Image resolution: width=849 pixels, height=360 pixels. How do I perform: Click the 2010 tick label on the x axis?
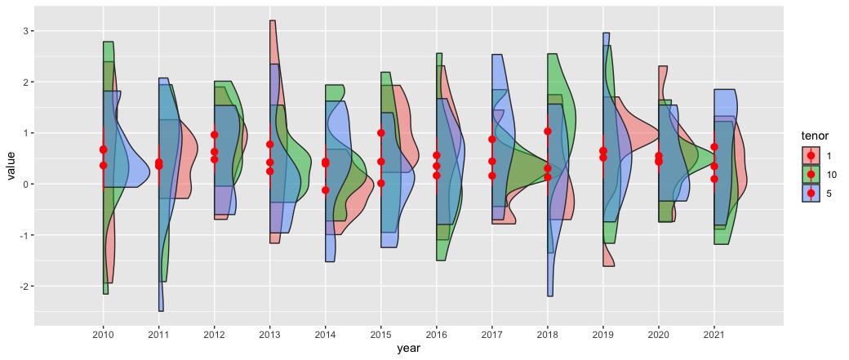pos(103,335)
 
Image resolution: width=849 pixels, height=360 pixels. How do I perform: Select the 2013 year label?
pos(269,335)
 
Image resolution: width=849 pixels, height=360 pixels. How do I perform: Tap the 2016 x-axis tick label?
pos(436,335)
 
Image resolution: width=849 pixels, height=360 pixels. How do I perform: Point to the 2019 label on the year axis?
pos(602,335)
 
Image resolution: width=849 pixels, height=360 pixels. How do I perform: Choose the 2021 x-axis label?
pos(713,335)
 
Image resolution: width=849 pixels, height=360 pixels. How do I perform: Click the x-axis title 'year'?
pos(408,349)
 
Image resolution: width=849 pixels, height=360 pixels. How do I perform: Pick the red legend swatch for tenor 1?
pos(811,155)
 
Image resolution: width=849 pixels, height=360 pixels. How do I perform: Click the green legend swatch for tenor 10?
pos(811,174)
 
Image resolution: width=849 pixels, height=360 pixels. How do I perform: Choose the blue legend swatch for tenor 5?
pos(811,193)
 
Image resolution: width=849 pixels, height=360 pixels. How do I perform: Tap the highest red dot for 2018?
pos(548,131)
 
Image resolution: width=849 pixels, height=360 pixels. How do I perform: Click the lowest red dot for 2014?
pos(325,190)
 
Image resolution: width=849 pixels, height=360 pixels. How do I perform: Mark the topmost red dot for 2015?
pos(380,133)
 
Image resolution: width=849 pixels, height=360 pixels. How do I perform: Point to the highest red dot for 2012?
pos(214,135)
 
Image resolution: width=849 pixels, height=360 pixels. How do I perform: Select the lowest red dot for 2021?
pos(714,179)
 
